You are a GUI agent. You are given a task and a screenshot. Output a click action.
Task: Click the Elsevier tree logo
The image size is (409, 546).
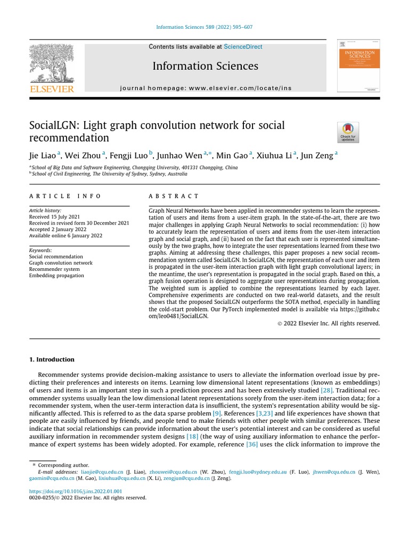(x=51, y=64)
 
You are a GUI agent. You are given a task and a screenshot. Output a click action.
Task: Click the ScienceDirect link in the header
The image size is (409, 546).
(x=243, y=47)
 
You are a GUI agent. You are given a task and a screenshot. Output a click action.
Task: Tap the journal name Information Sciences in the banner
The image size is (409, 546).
(x=205, y=66)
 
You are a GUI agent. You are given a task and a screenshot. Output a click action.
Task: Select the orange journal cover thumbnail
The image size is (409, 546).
(x=358, y=66)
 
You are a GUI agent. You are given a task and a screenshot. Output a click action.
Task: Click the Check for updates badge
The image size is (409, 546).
(x=348, y=132)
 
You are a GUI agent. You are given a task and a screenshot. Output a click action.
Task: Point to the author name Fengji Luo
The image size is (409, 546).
(x=129, y=156)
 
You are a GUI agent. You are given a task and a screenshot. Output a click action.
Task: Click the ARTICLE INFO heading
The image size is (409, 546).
(x=64, y=196)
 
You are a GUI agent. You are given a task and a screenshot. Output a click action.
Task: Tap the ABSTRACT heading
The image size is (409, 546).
(x=174, y=196)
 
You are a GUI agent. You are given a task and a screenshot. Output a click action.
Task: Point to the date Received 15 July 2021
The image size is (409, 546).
(x=55, y=217)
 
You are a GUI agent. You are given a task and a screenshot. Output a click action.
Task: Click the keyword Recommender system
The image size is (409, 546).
(x=54, y=269)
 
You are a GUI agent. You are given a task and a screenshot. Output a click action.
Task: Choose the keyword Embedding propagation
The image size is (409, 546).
(x=56, y=276)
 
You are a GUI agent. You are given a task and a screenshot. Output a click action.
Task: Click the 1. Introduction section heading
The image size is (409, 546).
(x=52, y=359)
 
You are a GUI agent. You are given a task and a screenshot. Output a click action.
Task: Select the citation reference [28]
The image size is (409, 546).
(x=326, y=391)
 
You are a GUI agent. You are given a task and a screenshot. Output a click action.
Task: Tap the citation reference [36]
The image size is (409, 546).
(x=252, y=444)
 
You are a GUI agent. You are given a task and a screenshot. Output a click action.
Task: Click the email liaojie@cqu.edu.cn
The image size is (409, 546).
(x=102, y=472)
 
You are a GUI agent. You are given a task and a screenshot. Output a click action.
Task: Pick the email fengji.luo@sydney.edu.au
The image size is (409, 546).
(x=258, y=472)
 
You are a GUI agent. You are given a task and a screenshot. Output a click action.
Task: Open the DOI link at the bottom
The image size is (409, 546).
(x=75, y=491)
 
